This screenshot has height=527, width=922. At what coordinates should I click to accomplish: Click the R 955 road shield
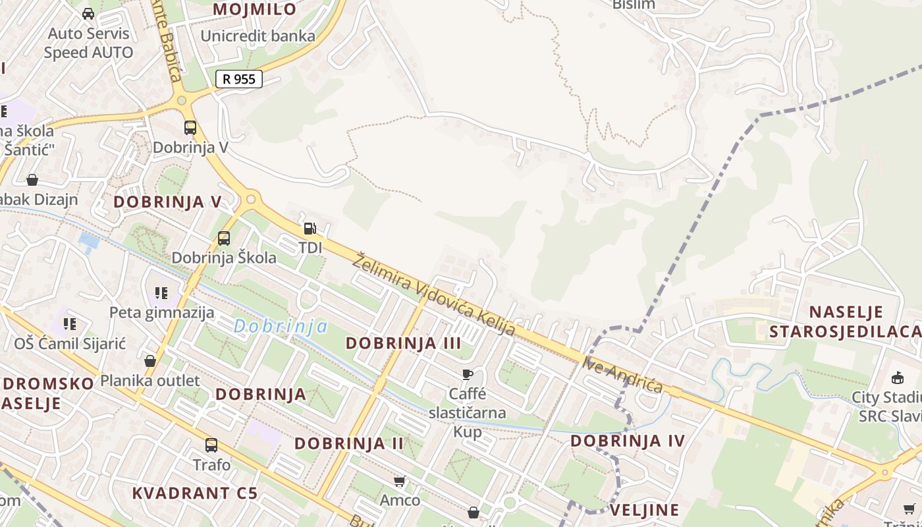point(239,79)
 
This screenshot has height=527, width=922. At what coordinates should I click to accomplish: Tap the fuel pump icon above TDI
point(310,229)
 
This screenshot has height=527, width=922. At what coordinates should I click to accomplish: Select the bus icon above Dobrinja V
point(190,128)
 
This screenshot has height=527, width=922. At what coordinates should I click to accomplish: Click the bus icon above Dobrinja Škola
point(224,238)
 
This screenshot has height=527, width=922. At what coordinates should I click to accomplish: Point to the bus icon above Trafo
point(211,445)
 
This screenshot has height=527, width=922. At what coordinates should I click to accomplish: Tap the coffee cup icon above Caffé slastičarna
point(468,375)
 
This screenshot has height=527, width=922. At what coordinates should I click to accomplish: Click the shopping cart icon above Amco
point(399,482)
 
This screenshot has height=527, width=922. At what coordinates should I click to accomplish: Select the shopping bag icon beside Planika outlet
point(150,361)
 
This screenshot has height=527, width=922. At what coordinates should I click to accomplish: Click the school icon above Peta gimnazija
point(161,293)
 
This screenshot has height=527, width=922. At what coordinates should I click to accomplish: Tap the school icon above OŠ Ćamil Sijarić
point(70,324)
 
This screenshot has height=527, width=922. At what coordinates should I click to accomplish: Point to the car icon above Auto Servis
point(88,13)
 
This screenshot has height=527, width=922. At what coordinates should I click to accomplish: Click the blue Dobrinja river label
point(281,326)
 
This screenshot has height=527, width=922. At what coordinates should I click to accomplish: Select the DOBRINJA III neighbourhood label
point(403,343)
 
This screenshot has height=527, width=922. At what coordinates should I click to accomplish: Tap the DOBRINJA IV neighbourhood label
point(628,441)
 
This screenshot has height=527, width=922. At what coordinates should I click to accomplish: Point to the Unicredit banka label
point(258,36)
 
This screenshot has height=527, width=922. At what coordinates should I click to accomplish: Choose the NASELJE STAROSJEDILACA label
point(846,321)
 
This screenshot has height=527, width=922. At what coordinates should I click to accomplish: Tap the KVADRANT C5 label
point(194,493)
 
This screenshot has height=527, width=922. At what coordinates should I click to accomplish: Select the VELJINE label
point(644,510)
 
